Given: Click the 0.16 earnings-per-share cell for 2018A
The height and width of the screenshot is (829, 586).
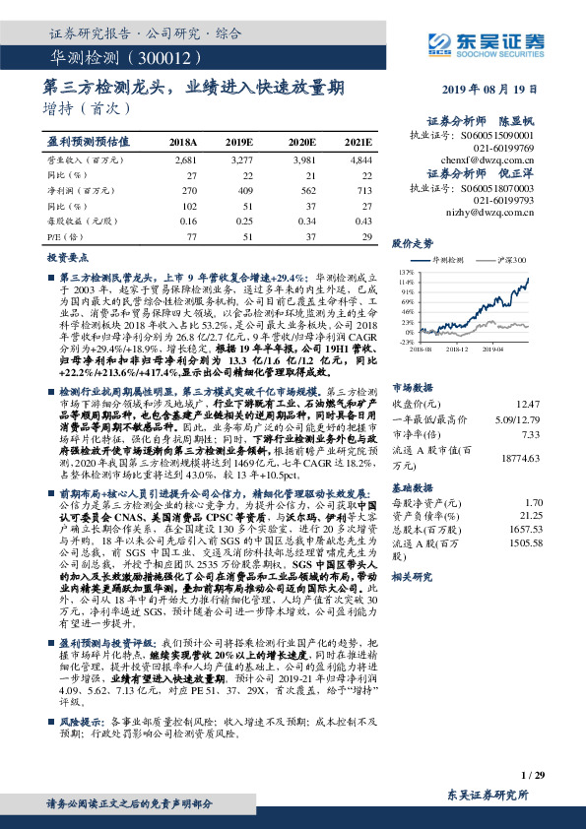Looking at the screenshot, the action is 187,222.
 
